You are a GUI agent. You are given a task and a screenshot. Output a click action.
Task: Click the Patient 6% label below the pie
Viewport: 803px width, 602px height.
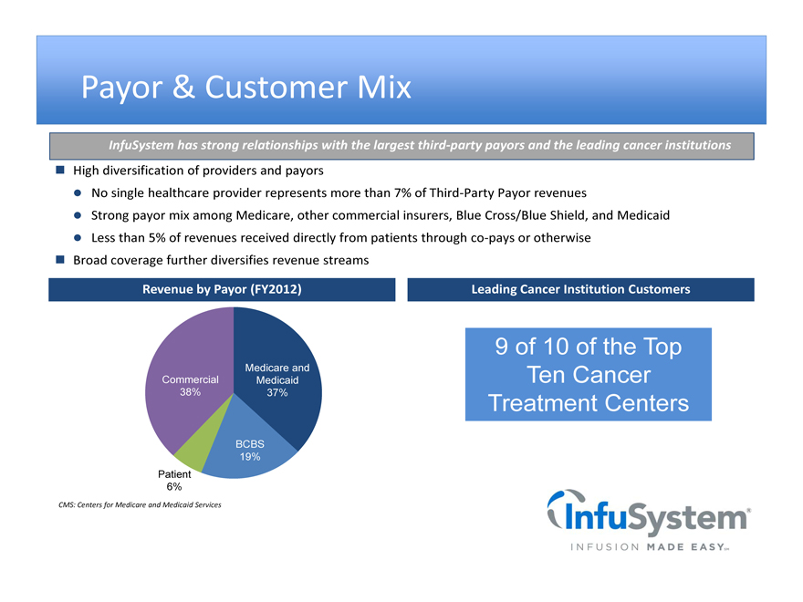[x=174, y=480]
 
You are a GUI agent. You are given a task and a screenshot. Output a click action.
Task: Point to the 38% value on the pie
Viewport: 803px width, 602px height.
[x=190, y=392]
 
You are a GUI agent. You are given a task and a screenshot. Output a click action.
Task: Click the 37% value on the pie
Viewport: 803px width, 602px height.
[x=277, y=392]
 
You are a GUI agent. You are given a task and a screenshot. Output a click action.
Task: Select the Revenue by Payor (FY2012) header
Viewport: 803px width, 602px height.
[x=222, y=289]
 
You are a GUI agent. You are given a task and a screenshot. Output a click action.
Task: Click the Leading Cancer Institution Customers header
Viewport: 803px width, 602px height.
[x=580, y=289]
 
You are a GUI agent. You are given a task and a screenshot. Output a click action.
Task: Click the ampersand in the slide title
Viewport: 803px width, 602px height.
[x=183, y=87]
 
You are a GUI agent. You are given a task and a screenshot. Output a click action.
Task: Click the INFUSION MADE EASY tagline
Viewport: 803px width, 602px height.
[x=650, y=547]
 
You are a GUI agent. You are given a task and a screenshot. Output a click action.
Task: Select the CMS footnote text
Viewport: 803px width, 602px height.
[x=140, y=504]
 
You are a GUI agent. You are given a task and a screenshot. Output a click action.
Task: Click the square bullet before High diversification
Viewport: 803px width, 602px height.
[x=60, y=170]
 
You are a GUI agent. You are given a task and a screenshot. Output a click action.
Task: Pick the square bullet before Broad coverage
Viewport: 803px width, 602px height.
[x=60, y=260]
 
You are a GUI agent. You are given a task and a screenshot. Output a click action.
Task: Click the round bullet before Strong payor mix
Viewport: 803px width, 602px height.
[x=78, y=215]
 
